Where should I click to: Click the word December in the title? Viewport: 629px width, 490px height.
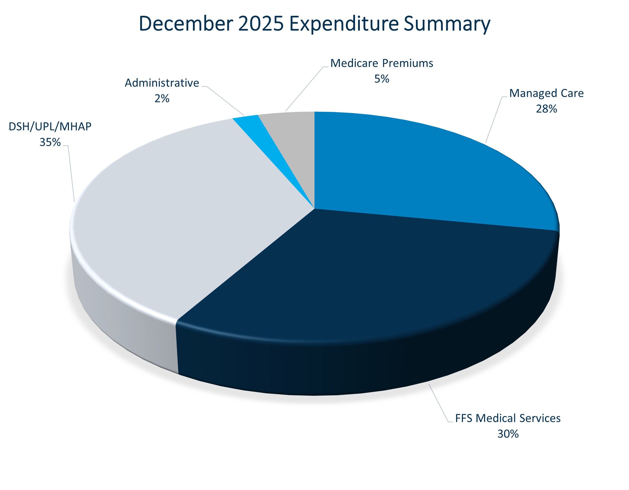186,24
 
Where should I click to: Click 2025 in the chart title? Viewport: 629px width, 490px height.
261,24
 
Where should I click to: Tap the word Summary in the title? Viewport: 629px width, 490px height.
447,24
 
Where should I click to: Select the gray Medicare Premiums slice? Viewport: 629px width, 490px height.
291,135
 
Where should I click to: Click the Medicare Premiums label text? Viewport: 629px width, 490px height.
382,63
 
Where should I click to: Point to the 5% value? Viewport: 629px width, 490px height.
382,79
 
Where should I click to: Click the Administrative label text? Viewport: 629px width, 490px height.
162,83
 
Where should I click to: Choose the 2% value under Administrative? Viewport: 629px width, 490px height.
162,98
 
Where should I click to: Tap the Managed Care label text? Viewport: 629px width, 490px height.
546,93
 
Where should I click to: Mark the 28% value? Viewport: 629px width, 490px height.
546,109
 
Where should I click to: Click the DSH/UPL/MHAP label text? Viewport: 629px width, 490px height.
50,127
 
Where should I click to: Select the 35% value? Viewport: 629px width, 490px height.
50,142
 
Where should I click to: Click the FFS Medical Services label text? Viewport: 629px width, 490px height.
508,418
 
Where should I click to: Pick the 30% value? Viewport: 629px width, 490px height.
508,434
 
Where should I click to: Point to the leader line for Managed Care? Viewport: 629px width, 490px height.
494,120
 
